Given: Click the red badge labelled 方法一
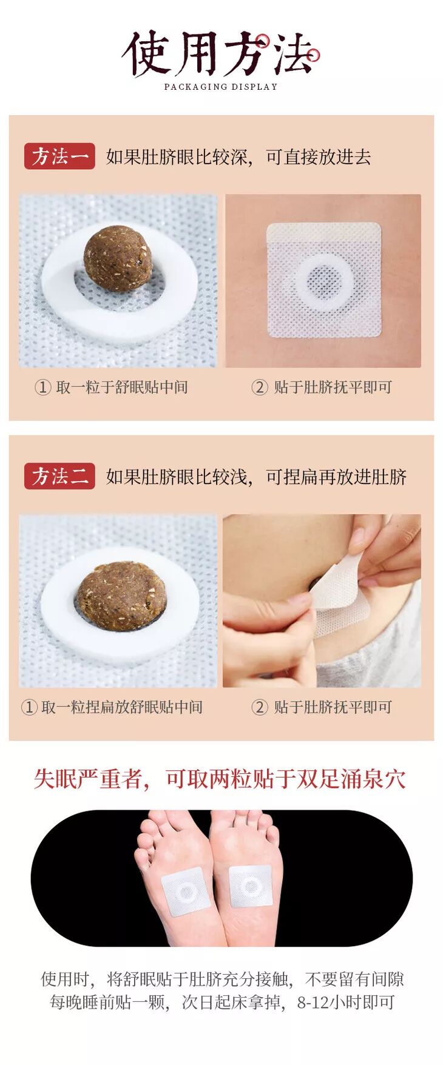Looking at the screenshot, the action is tap(59, 156).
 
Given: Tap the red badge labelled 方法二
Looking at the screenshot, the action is tap(59, 476).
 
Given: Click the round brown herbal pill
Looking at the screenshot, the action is tap(117, 258).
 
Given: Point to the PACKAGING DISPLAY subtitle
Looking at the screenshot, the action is tap(221, 87).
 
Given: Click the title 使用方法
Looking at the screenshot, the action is tap(221, 53).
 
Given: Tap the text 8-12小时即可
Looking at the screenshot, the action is tap(346, 1003).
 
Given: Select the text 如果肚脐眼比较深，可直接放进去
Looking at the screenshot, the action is tap(238, 157).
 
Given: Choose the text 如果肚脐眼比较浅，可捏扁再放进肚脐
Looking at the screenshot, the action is tap(256, 477).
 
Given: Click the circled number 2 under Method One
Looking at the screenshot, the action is tap(260, 387).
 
